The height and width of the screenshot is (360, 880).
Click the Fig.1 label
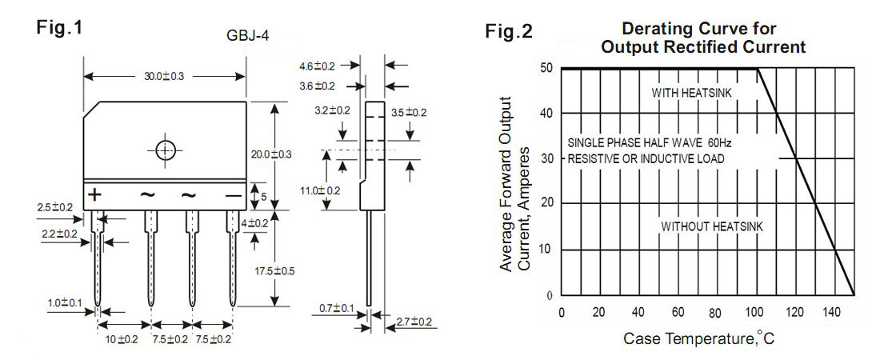60,27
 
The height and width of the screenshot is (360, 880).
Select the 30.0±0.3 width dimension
164,76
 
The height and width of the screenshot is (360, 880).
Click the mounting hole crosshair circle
165,150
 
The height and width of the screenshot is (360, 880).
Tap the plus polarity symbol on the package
95,195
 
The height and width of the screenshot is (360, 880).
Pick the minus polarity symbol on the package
233,195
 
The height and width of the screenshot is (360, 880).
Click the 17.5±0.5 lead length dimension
274,270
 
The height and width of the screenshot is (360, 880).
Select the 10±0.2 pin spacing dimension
122,339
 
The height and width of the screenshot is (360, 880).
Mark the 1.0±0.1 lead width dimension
64,303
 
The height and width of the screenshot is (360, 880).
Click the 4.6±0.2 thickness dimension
318,66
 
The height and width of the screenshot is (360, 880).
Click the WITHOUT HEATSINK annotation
711,226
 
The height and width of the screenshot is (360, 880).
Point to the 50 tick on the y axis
546,69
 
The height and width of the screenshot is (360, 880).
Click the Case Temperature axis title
698,338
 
